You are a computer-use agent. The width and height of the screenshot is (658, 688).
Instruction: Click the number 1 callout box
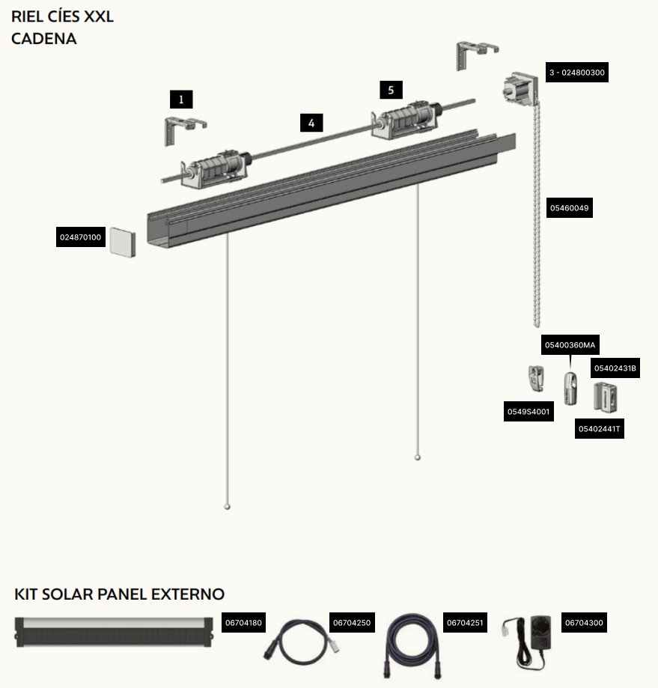click(x=181, y=100)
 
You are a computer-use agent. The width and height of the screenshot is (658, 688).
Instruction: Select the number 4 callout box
click(x=311, y=123)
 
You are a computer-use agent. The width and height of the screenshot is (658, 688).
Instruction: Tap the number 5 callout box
click(x=391, y=90)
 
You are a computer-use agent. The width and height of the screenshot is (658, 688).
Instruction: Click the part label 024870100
click(x=81, y=237)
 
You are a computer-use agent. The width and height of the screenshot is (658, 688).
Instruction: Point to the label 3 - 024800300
click(x=577, y=73)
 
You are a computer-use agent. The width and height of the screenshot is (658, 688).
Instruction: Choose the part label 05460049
click(x=570, y=207)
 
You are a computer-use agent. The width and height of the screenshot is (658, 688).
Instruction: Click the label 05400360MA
click(x=570, y=345)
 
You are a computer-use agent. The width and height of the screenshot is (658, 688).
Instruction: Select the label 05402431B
click(x=615, y=368)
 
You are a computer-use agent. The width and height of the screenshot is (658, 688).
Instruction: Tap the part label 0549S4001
click(x=528, y=412)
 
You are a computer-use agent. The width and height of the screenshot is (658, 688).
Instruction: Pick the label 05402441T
click(x=599, y=429)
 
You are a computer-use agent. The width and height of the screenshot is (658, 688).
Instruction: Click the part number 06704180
click(x=243, y=623)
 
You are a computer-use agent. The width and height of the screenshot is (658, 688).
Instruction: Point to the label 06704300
click(x=584, y=623)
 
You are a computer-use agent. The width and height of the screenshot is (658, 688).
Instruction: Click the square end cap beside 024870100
click(x=123, y=243)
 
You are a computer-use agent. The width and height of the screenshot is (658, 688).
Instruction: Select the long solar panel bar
click(x=114, y=633)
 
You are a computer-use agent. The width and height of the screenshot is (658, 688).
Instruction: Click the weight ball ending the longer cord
click(x=228, y=507)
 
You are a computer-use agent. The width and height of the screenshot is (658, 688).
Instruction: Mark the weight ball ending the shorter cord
click(x=418, y=457)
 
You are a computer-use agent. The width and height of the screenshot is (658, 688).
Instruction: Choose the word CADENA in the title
click(x=44, y=39)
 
